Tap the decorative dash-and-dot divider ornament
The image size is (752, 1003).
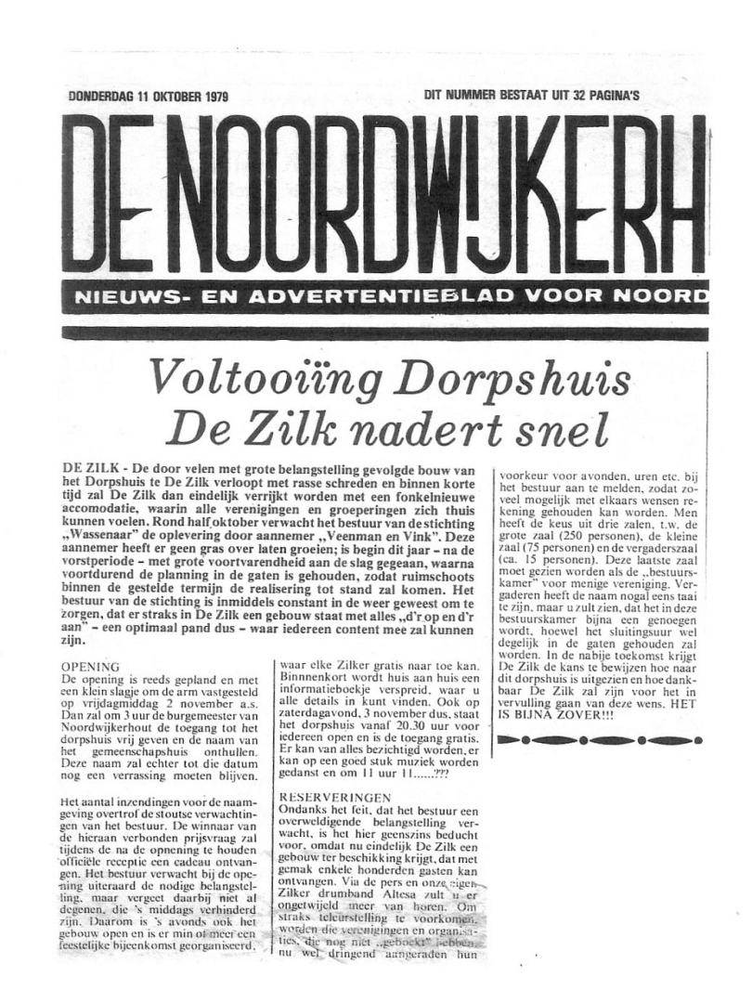594,739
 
